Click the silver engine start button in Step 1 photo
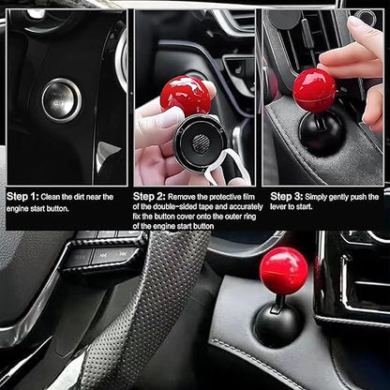[x=61, y=99]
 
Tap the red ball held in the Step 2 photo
[x=185, y=95]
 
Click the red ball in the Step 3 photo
[x=314, y=89]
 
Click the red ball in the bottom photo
[x=283, y=271]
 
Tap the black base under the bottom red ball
[x=278, y=323]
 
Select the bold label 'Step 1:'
[x=23, y=197]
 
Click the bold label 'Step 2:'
[x=155, y=197]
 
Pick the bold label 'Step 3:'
[x=287, y=197]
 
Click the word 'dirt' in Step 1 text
[x=86, y=197]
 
